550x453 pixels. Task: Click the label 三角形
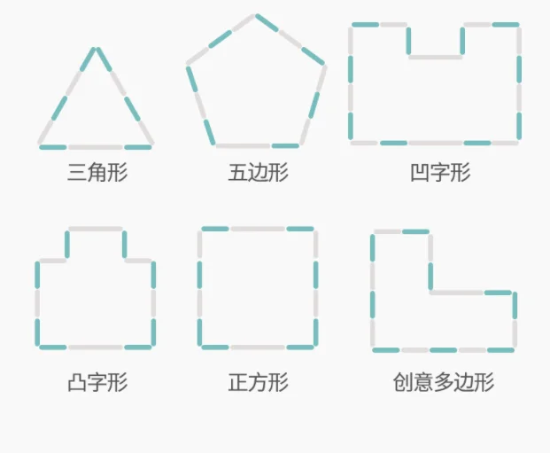tap(97, 172)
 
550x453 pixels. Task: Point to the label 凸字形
tap(97, 383)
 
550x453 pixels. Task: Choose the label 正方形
tap(258, 383)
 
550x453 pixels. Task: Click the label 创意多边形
tap(443, 383)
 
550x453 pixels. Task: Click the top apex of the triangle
tap(96, 48)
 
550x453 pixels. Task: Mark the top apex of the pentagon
tap(256, 15)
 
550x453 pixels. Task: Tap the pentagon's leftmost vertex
tap(188, 65)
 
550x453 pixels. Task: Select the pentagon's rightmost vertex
tap(324, 65)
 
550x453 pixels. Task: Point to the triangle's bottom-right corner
tap(152, 145)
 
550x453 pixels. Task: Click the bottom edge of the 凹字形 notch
tap(435, 57)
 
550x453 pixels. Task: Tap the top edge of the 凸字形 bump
tap(96, 230)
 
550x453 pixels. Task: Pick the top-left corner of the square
tap(201, 230)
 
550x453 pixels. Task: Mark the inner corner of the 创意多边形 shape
tap(430, 292)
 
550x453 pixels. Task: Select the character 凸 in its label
tap(78, 383)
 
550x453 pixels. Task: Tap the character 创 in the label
tap(403, 383)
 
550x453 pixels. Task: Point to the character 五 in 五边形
tap(237, 172)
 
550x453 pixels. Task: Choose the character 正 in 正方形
tap(237, 383)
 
